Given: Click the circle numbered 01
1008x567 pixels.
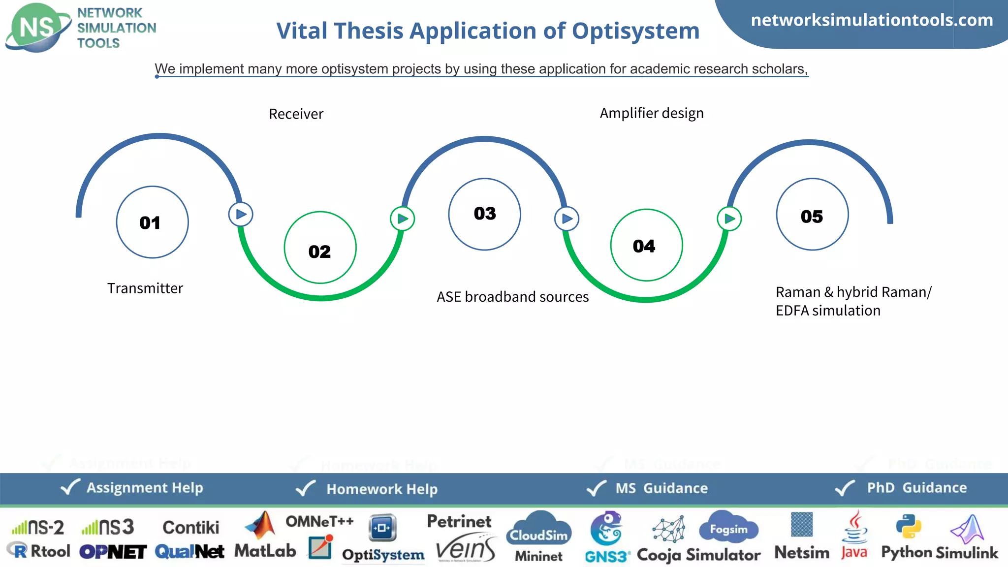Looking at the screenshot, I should [152, 222].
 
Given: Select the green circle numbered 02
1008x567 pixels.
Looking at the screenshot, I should [320, 248].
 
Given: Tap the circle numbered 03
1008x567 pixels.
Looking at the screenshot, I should [484, 214].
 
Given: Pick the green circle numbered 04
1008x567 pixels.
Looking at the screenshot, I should [646, 245].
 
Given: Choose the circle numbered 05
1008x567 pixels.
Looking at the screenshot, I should [812, 215].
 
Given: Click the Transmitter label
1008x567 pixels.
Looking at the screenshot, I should [145, 288].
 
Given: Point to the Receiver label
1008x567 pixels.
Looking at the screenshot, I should [296, 114].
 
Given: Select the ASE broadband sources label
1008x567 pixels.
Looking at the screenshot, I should [512, 297].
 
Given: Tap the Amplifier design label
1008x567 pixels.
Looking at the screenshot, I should [651, 113].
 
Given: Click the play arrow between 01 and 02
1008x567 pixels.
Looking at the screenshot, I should [241, 215].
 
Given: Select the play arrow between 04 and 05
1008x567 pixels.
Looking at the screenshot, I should [729, 219].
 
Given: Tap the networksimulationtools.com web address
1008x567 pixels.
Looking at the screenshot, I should [872, 20].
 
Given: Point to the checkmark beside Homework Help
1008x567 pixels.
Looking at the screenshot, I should [306, 488].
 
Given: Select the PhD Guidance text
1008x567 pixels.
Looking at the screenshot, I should [916, 488].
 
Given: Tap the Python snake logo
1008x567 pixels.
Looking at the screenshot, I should [908, 527].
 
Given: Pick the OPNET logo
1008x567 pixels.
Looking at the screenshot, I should [113, 552].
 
